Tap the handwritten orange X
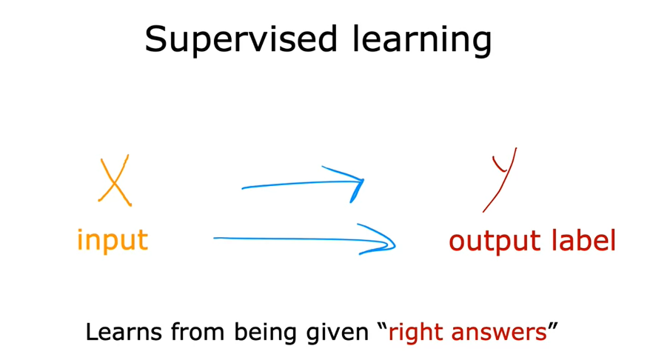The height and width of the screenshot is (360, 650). pos(115,180)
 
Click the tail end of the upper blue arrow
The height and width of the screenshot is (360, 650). pos(244,188)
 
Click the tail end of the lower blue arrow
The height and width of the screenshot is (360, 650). pos(216,238)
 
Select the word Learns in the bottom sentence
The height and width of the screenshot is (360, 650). pos(122,332)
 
